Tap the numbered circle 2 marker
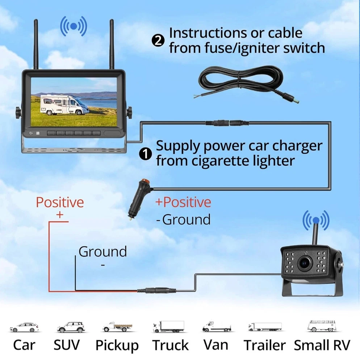point(158,40)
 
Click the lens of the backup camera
point(304,263)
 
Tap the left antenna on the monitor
point(36,45)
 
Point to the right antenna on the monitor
point(112,45)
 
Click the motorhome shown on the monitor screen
point(63,104)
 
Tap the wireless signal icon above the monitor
point(74,26)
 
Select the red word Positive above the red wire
point(60,202)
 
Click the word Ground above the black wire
point(102,251)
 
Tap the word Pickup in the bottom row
point(117,345)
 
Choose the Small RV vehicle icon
point(322,326)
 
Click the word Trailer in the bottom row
point(264,345)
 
